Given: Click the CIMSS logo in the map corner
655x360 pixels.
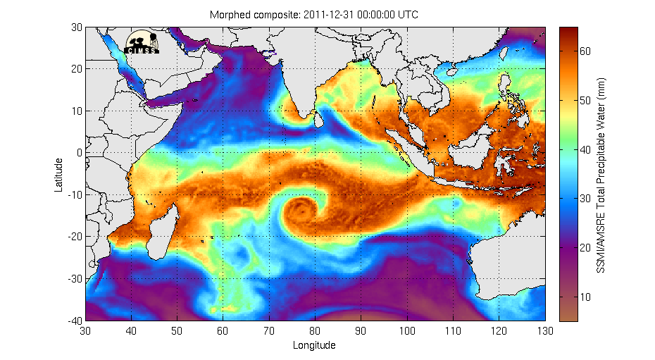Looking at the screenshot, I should click(143, 42).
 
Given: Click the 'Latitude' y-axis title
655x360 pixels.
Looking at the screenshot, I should click(60, 174).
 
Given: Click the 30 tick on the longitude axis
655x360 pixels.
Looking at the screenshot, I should click(86, 330).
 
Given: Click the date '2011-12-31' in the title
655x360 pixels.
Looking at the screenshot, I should click(334, 15).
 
